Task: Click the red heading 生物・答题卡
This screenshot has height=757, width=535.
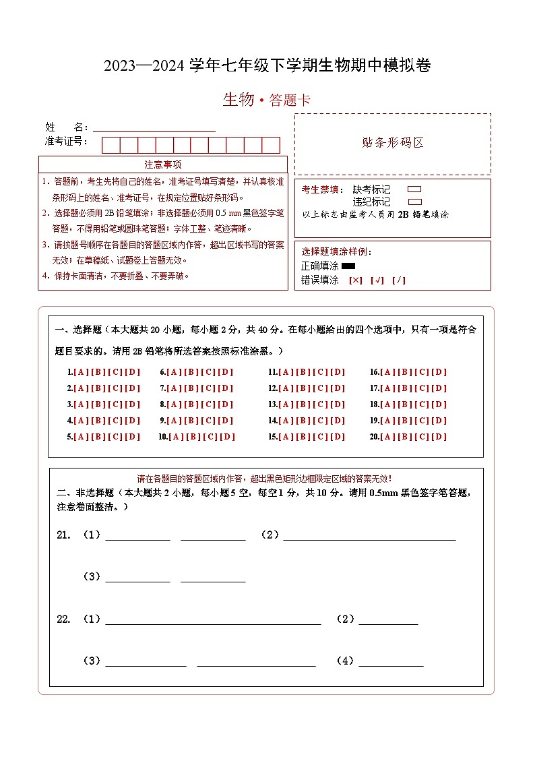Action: click(267, 100)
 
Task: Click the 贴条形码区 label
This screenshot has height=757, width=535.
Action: click(393, 143)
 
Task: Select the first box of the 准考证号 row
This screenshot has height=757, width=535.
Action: click(111, 145)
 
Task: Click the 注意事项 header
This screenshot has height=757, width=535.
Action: click(162, 164)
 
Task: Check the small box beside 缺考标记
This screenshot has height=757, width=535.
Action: click(415, 189)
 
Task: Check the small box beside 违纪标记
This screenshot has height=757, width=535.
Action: click(415, 202)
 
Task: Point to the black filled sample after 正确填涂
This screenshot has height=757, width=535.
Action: click(348, 266)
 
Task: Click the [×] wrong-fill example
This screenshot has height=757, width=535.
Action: click(356, 280)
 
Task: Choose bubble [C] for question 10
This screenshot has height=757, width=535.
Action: click(210, 437)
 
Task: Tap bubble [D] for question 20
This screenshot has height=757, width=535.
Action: click(439, 437)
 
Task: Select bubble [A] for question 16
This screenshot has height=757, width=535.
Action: click(387, 372)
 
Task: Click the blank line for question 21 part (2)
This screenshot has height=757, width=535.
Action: click(369, 537)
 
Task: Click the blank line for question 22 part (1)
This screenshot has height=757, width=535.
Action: click(213, 622)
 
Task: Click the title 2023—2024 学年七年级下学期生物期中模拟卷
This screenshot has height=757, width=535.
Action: click(267, 65)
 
